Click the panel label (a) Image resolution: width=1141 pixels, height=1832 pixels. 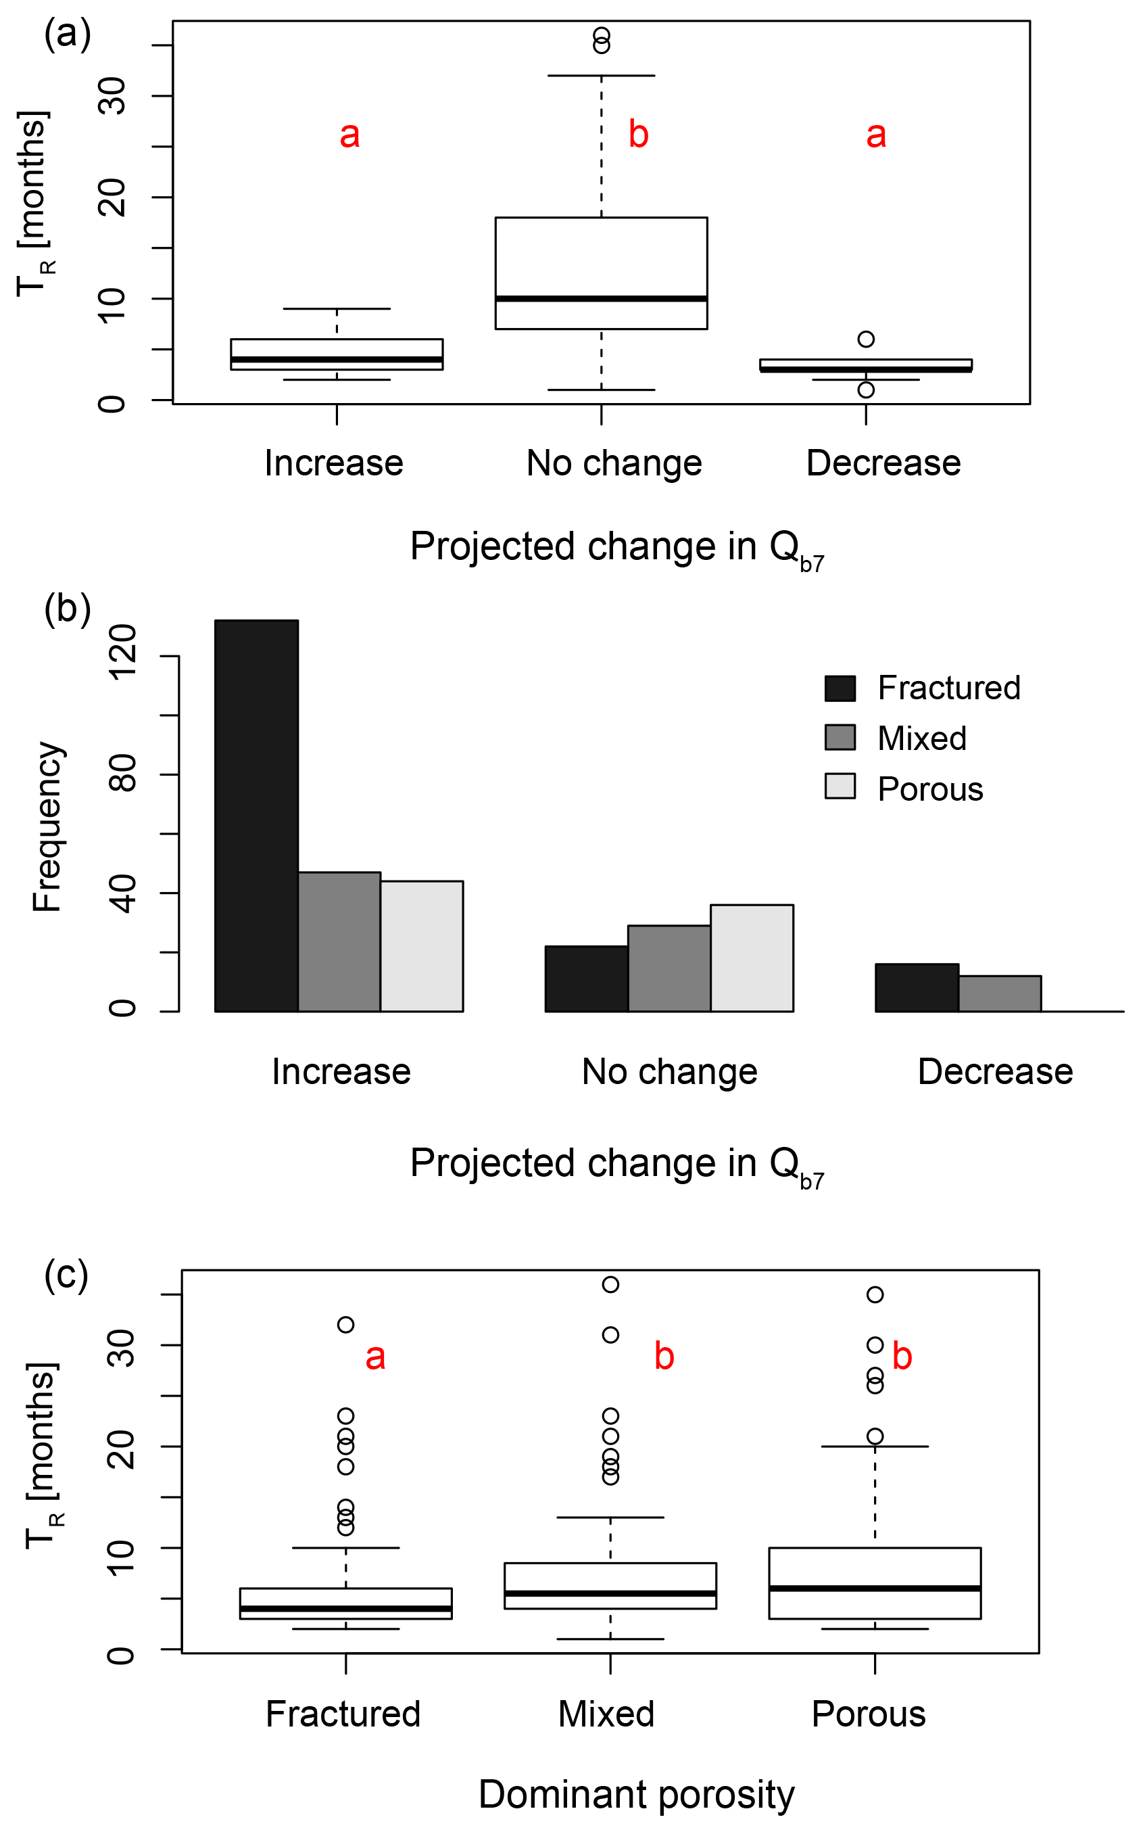pyautogui.click(x=67, y=34)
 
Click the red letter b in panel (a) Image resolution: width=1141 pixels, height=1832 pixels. pyautogui.click(x=638, y=135)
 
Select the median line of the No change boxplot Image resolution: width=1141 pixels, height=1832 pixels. pyautogui.click(x=601, y=299)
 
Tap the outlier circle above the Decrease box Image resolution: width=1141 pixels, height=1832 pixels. pyautogui.click(x=866, y=339)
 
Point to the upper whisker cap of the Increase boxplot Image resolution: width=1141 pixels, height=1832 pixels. pyautogui.click(x=337, y=309)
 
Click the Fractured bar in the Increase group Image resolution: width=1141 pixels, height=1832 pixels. pyautogui.click(x=257, y=815)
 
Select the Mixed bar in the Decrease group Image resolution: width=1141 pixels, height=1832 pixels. pyautogui.click(x=1000, y=993)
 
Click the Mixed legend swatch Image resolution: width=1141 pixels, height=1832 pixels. pyautogui.click(x=840, y=738)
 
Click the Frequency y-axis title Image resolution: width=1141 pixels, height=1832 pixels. pyautogui.click(x=47, y=827)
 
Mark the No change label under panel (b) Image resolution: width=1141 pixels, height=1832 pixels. pyautogui.click(x=669, y=1072)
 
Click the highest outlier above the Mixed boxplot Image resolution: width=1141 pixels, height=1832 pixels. pyautogui.click(x=610, y=1285)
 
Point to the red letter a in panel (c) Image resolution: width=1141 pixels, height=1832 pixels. pyautogui.click(x=375, y=1357)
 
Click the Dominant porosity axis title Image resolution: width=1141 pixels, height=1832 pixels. pyautogui.click(x=636, y=1794)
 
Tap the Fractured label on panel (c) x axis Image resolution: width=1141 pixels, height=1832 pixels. pyautogui.click(x=343, y=1714)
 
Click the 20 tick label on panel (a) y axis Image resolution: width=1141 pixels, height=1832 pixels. pyautogui.click(x=112, y=197)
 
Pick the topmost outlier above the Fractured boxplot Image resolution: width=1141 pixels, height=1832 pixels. pyautogui.click(x=345, y=1325)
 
